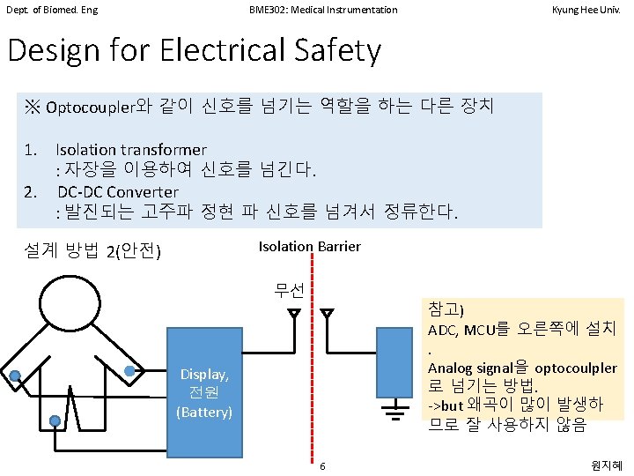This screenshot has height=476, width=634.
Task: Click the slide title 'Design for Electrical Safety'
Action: pyautogui.click(x=194, y=50)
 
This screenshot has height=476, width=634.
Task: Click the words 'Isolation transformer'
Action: pyautogui.click(x=130, y=149)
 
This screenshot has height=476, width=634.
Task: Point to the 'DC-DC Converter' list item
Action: pyautogui.click(x=118, y=191)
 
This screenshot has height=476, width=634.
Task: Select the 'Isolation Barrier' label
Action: pyautogui.click(x=309, y=246)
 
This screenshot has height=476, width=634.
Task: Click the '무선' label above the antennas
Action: pyautogui.click(x=289, y=290)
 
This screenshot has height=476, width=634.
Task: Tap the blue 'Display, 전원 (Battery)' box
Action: pyautogui.click(x=204, y=392)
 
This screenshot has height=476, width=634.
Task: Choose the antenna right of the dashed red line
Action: pyautogui.click(x=328, y=313)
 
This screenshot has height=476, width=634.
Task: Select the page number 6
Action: pyautogui.click(x=323, y=465)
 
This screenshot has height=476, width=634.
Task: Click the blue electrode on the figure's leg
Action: pyautogui.click(x=55, y=421)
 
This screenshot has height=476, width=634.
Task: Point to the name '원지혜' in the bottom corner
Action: pyautogui.click(x=608, y=465)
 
